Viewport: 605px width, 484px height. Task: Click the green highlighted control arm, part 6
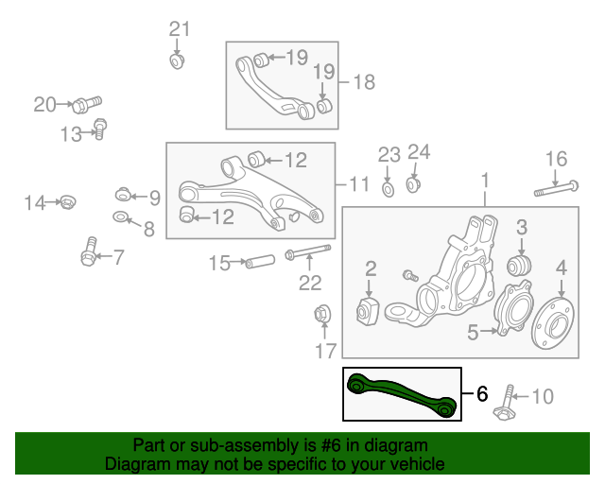(x=402, y=394)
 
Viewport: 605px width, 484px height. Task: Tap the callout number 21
(x=180, y=28)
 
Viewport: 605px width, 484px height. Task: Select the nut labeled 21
(x=176, y=61)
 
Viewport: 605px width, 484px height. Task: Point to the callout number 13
(x=71, y=134)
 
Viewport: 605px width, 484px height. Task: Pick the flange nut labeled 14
(x=67, y=201)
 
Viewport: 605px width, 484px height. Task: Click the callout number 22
(x=310, y=282)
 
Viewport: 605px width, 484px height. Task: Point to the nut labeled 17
(x=321, y=313)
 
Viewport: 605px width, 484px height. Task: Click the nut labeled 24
(x=413, y=182)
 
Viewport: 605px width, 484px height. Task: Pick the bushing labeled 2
(x=369, y=311)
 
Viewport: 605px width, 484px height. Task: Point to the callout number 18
(x=363, y=82)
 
